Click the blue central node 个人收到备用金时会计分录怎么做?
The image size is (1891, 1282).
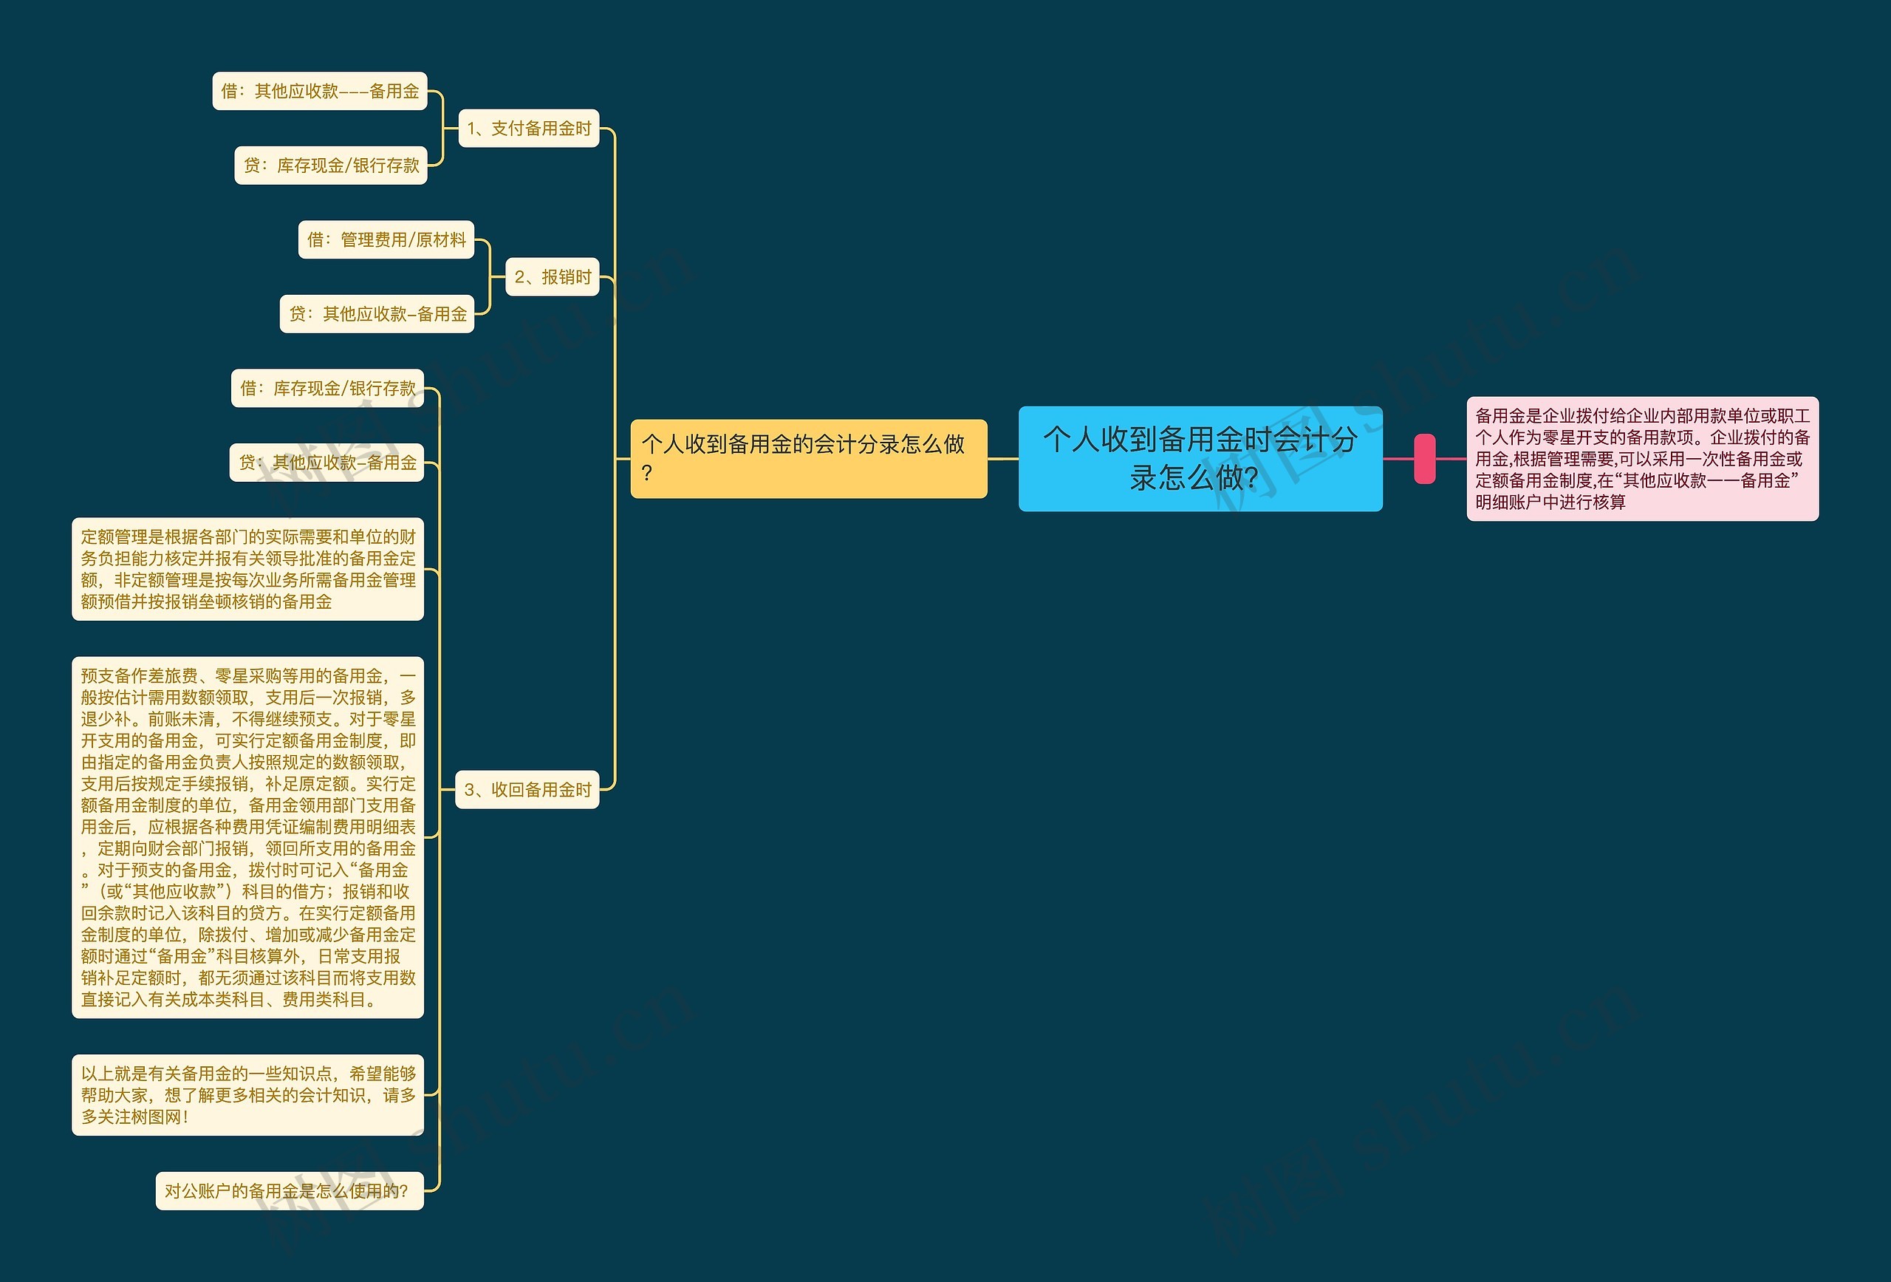[x=1200, y=458]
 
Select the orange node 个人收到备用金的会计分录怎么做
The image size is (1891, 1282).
[x=808, y=458]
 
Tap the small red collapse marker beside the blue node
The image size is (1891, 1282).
[x=1425, y=459]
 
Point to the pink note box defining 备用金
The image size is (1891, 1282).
[x=1642, y=459]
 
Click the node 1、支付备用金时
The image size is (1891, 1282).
[x=529, y=129]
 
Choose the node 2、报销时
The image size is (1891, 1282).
[x=553, y=277]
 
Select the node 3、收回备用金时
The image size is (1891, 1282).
[x=527, y=790]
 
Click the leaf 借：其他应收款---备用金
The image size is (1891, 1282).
[x=320, y=91]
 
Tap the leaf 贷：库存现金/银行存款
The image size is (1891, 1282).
[x=331, y=166]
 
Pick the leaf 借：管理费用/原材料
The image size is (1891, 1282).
[x=386, y=240]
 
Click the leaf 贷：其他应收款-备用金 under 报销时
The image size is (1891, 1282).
[x=377, y=314]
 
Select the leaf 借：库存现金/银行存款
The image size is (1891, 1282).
[x=328, y=388]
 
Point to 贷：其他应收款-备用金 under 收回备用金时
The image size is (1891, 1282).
[x=327, y=463]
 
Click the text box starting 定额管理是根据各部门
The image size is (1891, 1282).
[x=247, y=569]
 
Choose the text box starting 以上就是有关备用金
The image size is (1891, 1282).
[x=247, y=1095]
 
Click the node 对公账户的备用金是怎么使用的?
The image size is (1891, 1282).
[x=290, y=1191]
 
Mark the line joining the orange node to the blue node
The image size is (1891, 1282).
[x=1003, y=459]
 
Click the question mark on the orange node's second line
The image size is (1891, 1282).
[x=647, y=474]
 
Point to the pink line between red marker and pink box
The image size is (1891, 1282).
[x=1451, y=459]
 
